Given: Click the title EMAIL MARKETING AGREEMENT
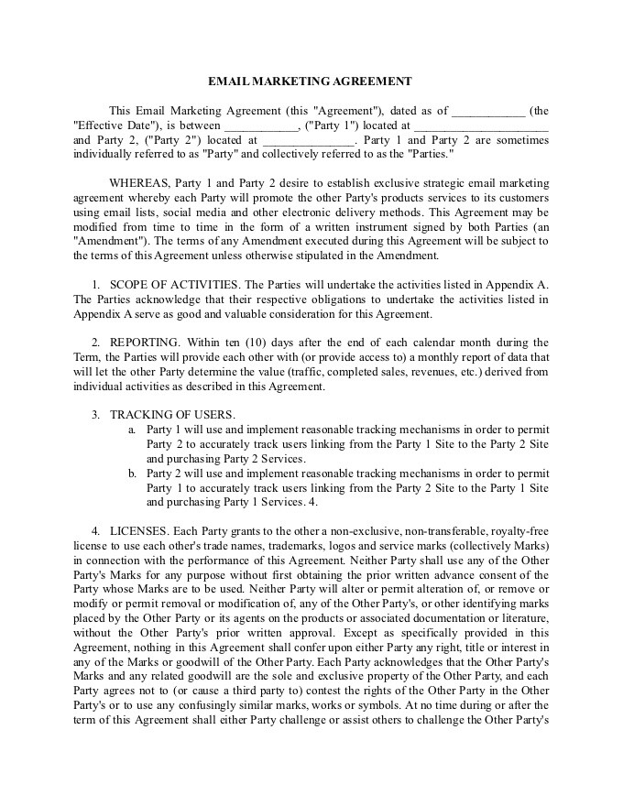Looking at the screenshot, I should click(x=311, y=82).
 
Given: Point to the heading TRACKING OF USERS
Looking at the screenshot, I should click(x=172, y=415).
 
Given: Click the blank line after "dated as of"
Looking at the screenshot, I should click(x=488, y=112).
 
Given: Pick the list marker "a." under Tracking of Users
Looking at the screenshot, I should click(x=132, y=430).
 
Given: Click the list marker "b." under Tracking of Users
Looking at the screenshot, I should click(x=132, y=474).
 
